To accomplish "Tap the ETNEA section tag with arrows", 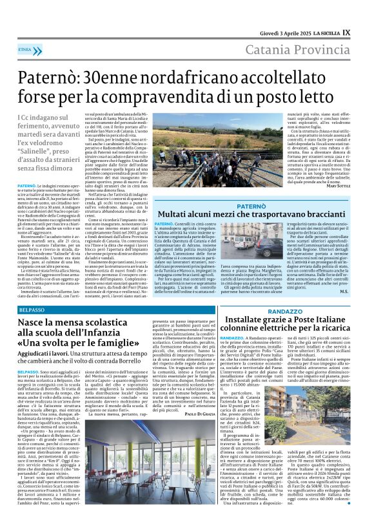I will tap(26, 49).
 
